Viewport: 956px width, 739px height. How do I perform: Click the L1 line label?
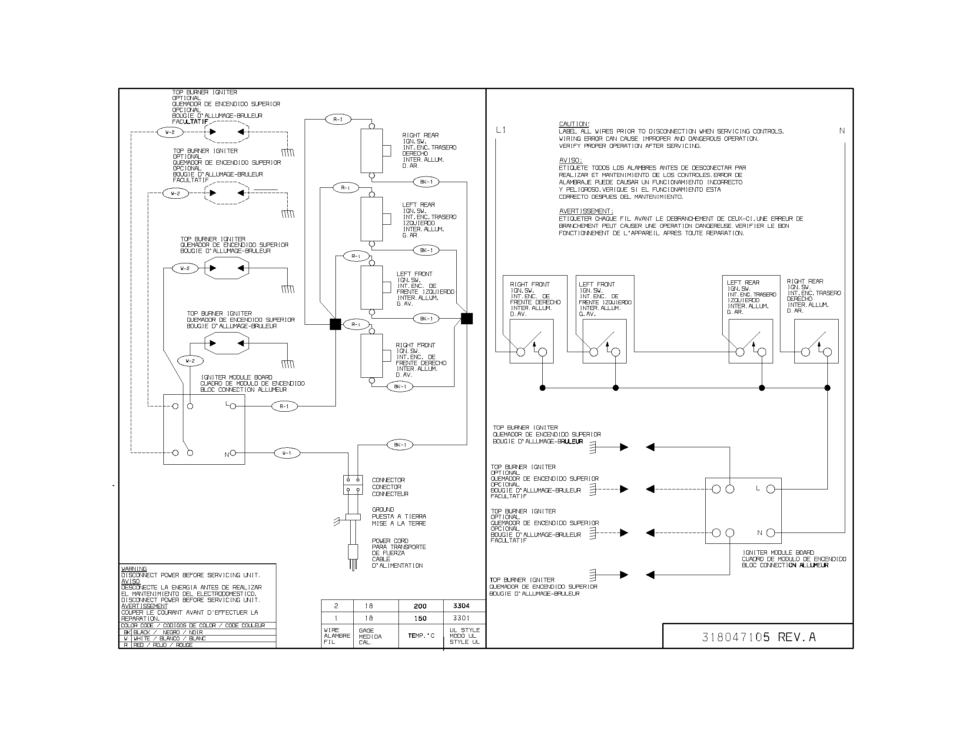(x=501, y=130)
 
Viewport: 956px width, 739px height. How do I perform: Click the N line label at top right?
(x=842, y=131)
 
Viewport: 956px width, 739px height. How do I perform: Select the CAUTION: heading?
(x=574, y=124)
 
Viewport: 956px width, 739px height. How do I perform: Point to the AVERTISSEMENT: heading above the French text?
(x=586, y=211)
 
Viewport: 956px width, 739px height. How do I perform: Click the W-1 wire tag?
(x=287, y=453)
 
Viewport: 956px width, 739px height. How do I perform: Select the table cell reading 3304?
(x=461, y=606)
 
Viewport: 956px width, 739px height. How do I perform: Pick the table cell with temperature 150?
(x=420, y=618)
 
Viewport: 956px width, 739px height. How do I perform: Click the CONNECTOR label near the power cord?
(x=388, y=480)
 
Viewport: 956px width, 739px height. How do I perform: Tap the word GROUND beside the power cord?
(x=383, y=509)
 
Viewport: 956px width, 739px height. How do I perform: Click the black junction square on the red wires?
(x=335, y=324)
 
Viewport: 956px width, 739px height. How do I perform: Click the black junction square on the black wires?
(x=467, y=319)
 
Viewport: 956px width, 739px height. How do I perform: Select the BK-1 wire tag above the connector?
(x=400, y=445)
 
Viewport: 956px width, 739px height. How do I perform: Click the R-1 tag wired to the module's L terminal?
(x=284, y=406)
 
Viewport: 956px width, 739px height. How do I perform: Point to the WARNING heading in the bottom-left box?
(x=134, y=569)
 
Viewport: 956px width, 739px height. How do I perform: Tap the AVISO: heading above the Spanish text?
(x=571, y=160)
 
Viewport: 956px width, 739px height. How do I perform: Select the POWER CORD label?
(x=390, y=541)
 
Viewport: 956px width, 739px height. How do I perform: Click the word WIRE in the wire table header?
(x=332, y=630)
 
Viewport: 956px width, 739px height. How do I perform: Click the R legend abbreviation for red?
(x=126, y=645)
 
